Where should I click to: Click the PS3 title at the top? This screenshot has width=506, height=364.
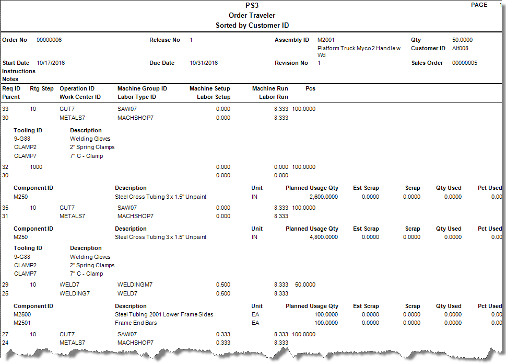pyautogui.click(x=252, y=6)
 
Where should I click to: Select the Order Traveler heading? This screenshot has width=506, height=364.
pyautogui.click(x=252, y=16)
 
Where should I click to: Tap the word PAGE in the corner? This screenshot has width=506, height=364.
pyautogui.click(x=479, y=5)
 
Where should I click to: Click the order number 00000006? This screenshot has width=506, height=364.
pyautogui.click(x=49, y=40)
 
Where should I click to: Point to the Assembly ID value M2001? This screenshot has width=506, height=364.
pyautogui.click(x=326, y=40)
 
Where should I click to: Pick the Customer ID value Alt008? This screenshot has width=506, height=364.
pyautogui.click(x=460, y=48)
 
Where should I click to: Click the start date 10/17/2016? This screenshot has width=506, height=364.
pyautogui.click(x=51, y=63)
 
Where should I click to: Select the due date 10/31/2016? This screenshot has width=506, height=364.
pyautogui.click(x=204, y=63)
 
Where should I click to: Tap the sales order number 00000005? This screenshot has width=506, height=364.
pyautogui.click(x=465, y=63)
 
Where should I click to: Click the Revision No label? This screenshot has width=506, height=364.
pyautogui.click(x=291, y=63)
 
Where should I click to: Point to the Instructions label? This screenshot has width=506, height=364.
pyautogui.click(x=19, y=71)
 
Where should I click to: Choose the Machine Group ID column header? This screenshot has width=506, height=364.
pyautogui.click(x=142, y=88)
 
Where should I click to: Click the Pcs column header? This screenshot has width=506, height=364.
pyautogui.click(x=310, y=88)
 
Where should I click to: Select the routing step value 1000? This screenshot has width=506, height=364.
pyautogui.click(x=36, y=167)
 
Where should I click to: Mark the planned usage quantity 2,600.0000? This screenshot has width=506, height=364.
pyautogui.click(x=323, y=197)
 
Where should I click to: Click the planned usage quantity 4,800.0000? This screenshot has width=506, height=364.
pyautogui.click(x=323, y=237)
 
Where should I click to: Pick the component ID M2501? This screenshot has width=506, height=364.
pyautogui.click(x=22, y=323)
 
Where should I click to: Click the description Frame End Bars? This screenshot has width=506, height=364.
pyautogui.click(x=136, y=323)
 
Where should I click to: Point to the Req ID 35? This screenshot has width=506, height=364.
pyautogui.click(x=5, y=208)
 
